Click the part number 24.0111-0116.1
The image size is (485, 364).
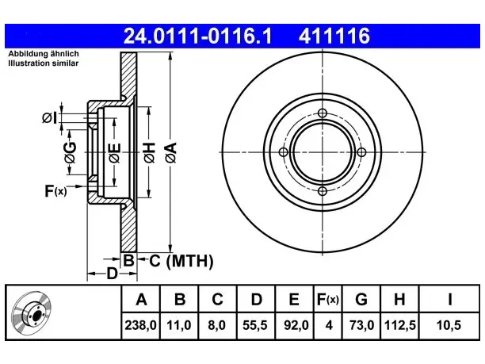197,36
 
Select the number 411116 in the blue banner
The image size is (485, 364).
334,36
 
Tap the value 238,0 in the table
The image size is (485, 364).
141,325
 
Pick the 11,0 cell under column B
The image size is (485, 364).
179,325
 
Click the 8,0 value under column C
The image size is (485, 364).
217,325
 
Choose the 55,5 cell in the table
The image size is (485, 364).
255,325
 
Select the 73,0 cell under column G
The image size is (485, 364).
361,325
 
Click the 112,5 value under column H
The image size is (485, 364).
399,325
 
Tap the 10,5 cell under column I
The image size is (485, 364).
449,325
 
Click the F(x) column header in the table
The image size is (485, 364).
328,299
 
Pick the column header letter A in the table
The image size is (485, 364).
141,299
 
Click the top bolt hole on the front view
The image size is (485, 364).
323,113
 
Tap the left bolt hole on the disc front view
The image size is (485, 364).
284,152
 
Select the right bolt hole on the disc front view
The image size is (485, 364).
361,152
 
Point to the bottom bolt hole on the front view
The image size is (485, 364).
323,191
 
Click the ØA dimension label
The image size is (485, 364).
171,152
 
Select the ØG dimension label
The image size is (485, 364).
70,152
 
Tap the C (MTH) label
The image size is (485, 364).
181,261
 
